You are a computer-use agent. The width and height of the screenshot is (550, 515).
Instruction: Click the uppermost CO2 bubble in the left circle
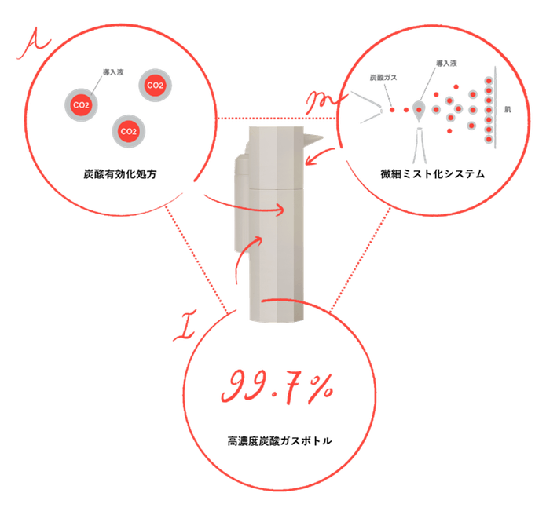[155, 85]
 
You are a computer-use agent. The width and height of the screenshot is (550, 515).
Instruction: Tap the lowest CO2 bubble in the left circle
[128, 131]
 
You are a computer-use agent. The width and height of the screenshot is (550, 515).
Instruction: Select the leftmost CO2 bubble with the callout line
[81, 104]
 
